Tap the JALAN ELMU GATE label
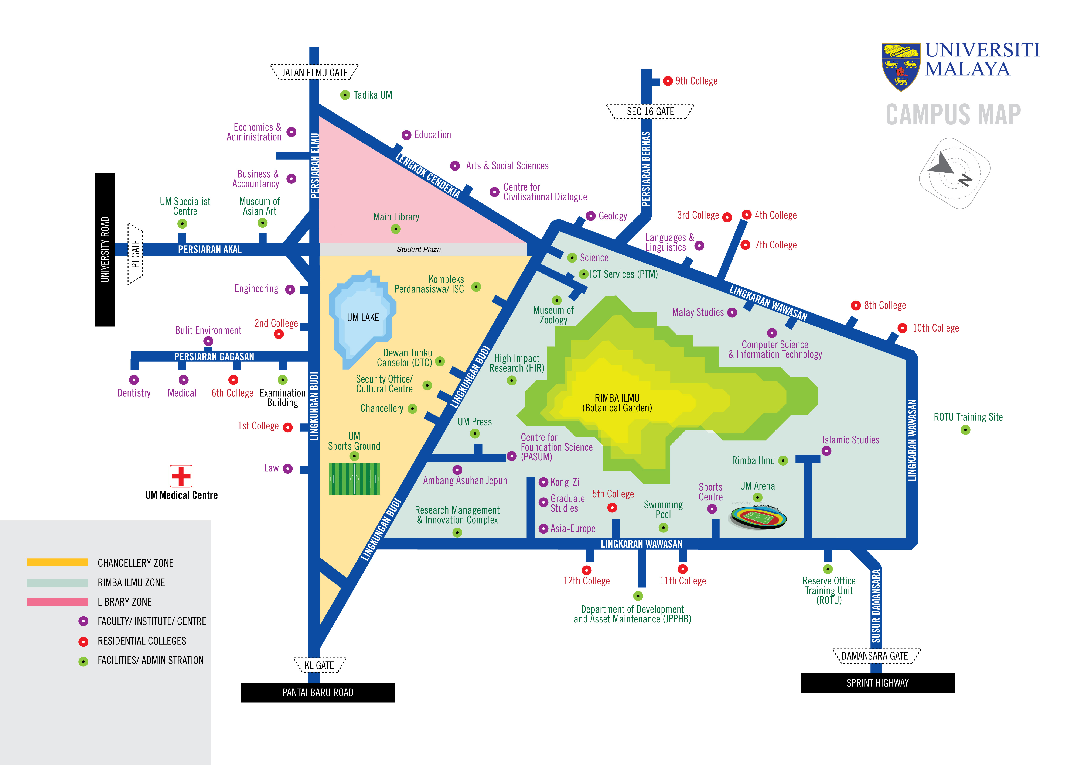pos(314,73)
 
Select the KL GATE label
pos(320,665)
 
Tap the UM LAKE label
pos(363,318)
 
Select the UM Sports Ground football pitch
pos(354,478)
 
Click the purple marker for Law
pos(287,469)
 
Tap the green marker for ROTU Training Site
pos(965,430)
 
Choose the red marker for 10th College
pos(902,328)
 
